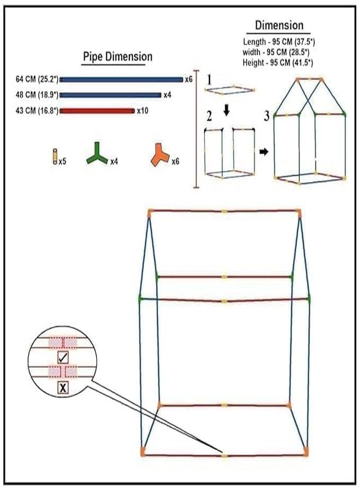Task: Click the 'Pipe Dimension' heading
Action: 117,57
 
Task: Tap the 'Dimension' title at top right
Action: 279,25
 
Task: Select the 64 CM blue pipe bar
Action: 122,80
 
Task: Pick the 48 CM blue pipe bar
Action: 111,95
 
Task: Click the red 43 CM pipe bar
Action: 97,111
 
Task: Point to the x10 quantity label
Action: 142,111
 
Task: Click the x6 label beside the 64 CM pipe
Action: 188,79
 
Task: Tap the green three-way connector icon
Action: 97,153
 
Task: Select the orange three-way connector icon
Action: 160,154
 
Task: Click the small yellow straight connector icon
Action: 55,157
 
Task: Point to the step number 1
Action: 209,80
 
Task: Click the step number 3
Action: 266,116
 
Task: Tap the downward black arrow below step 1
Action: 227,110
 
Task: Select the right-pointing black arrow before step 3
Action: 264,152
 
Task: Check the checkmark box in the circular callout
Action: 63,357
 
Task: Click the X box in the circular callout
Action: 63,388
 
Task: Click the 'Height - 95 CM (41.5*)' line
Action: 278,63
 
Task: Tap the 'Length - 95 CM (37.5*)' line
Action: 279,42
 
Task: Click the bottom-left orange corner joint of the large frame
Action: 143,451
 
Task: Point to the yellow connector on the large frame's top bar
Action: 224,212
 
